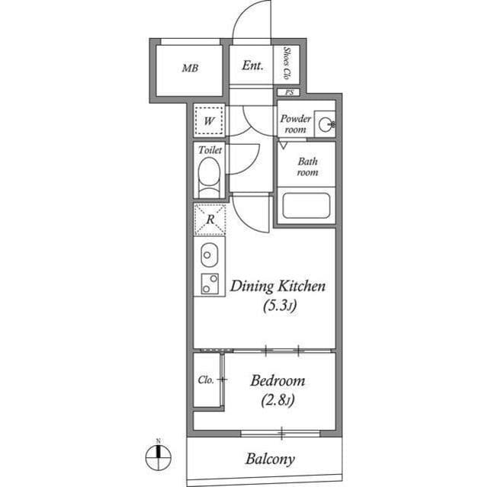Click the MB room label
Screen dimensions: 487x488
click(190, 68)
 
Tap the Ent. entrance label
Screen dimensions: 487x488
click(252, 66)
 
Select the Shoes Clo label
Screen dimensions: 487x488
click(287, 64)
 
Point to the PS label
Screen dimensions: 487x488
click(288, 93)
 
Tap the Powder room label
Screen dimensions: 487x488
click(295, 123)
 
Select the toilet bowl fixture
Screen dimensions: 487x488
click(208, 182)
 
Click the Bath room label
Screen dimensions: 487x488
click(307, 167)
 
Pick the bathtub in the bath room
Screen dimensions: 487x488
click(305, 207)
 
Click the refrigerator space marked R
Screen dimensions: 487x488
click(210, 221)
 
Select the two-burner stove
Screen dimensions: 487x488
click(209, 284)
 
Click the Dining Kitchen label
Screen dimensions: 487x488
click(278, 287)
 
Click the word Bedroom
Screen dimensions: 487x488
click(278, 380)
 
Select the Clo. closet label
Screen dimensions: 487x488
click(205, 379)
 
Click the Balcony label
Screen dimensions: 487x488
click(269, 459)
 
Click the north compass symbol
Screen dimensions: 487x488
click(158, 457)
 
